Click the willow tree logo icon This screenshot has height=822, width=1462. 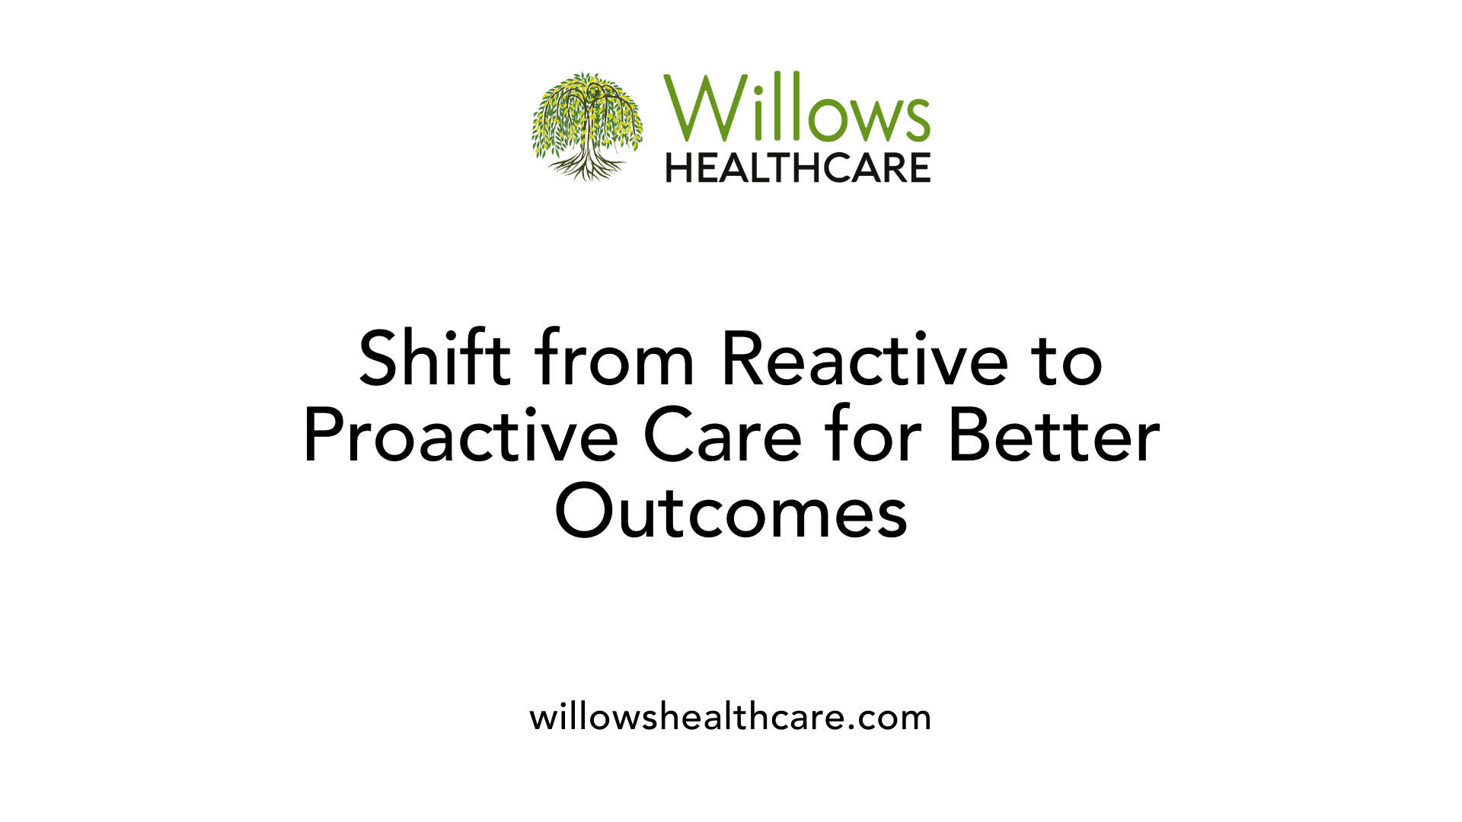click(587, 126)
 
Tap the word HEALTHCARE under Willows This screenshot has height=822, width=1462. click(798, 167)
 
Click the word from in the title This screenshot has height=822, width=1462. click(614, 358)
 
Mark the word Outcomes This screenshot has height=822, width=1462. click(731, 511)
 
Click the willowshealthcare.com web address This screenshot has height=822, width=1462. click(730, 717)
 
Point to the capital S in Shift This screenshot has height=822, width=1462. click(380, 358)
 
